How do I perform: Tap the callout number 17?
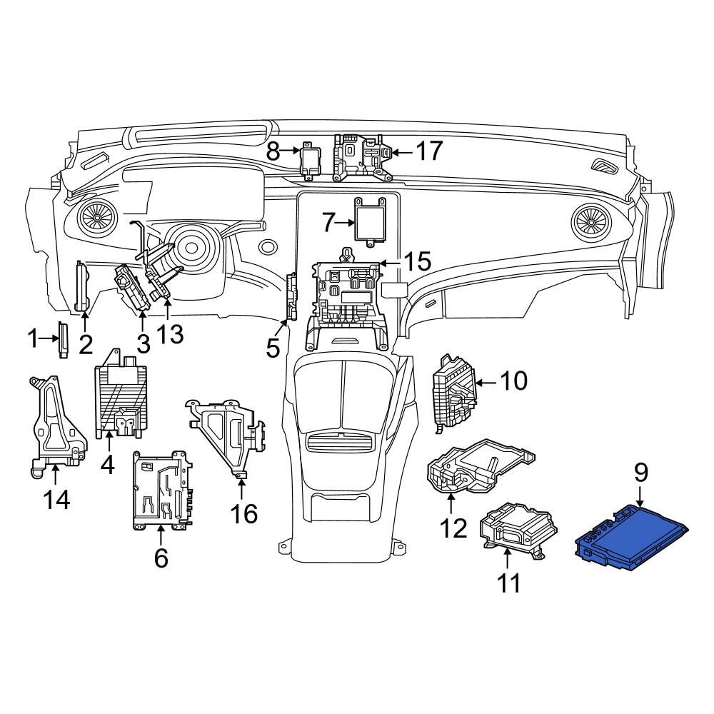(x=429, y=151)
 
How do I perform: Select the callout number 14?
(x=55, y=499)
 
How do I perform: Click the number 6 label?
(x=161, y=557)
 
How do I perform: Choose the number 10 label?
(x=513, y=381)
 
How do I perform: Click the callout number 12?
(x=453, y=528)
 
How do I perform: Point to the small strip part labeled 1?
(x=63, y=339)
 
